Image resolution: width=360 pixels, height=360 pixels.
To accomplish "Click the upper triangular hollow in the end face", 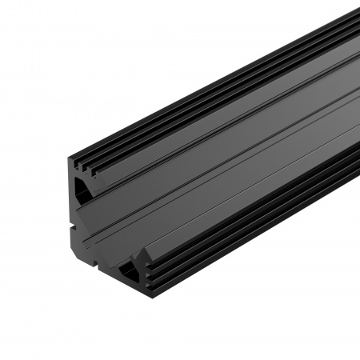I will point(81,188).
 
